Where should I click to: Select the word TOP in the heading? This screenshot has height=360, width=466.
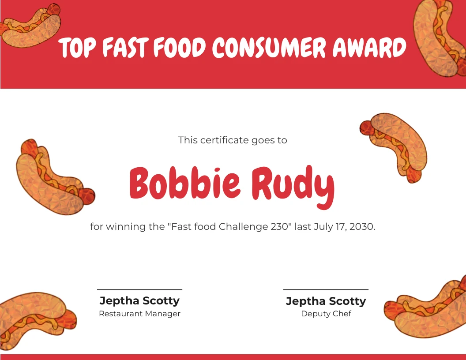click(77, 48)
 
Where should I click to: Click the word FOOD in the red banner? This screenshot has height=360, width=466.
click(180, 47)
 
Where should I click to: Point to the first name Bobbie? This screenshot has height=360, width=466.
click(184, 183)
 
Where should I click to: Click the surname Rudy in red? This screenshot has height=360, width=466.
click(293, 187)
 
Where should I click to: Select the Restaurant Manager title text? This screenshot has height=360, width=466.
click(140, 314)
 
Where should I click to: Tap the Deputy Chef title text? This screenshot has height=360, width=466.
click(326, 314)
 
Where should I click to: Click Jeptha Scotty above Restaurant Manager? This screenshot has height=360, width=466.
click(140, 300)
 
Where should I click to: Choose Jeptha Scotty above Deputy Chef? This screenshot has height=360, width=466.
click(326, 301)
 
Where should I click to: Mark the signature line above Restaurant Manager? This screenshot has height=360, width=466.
click(140, 289)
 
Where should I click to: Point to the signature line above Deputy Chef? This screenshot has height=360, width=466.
click(326, 289)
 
